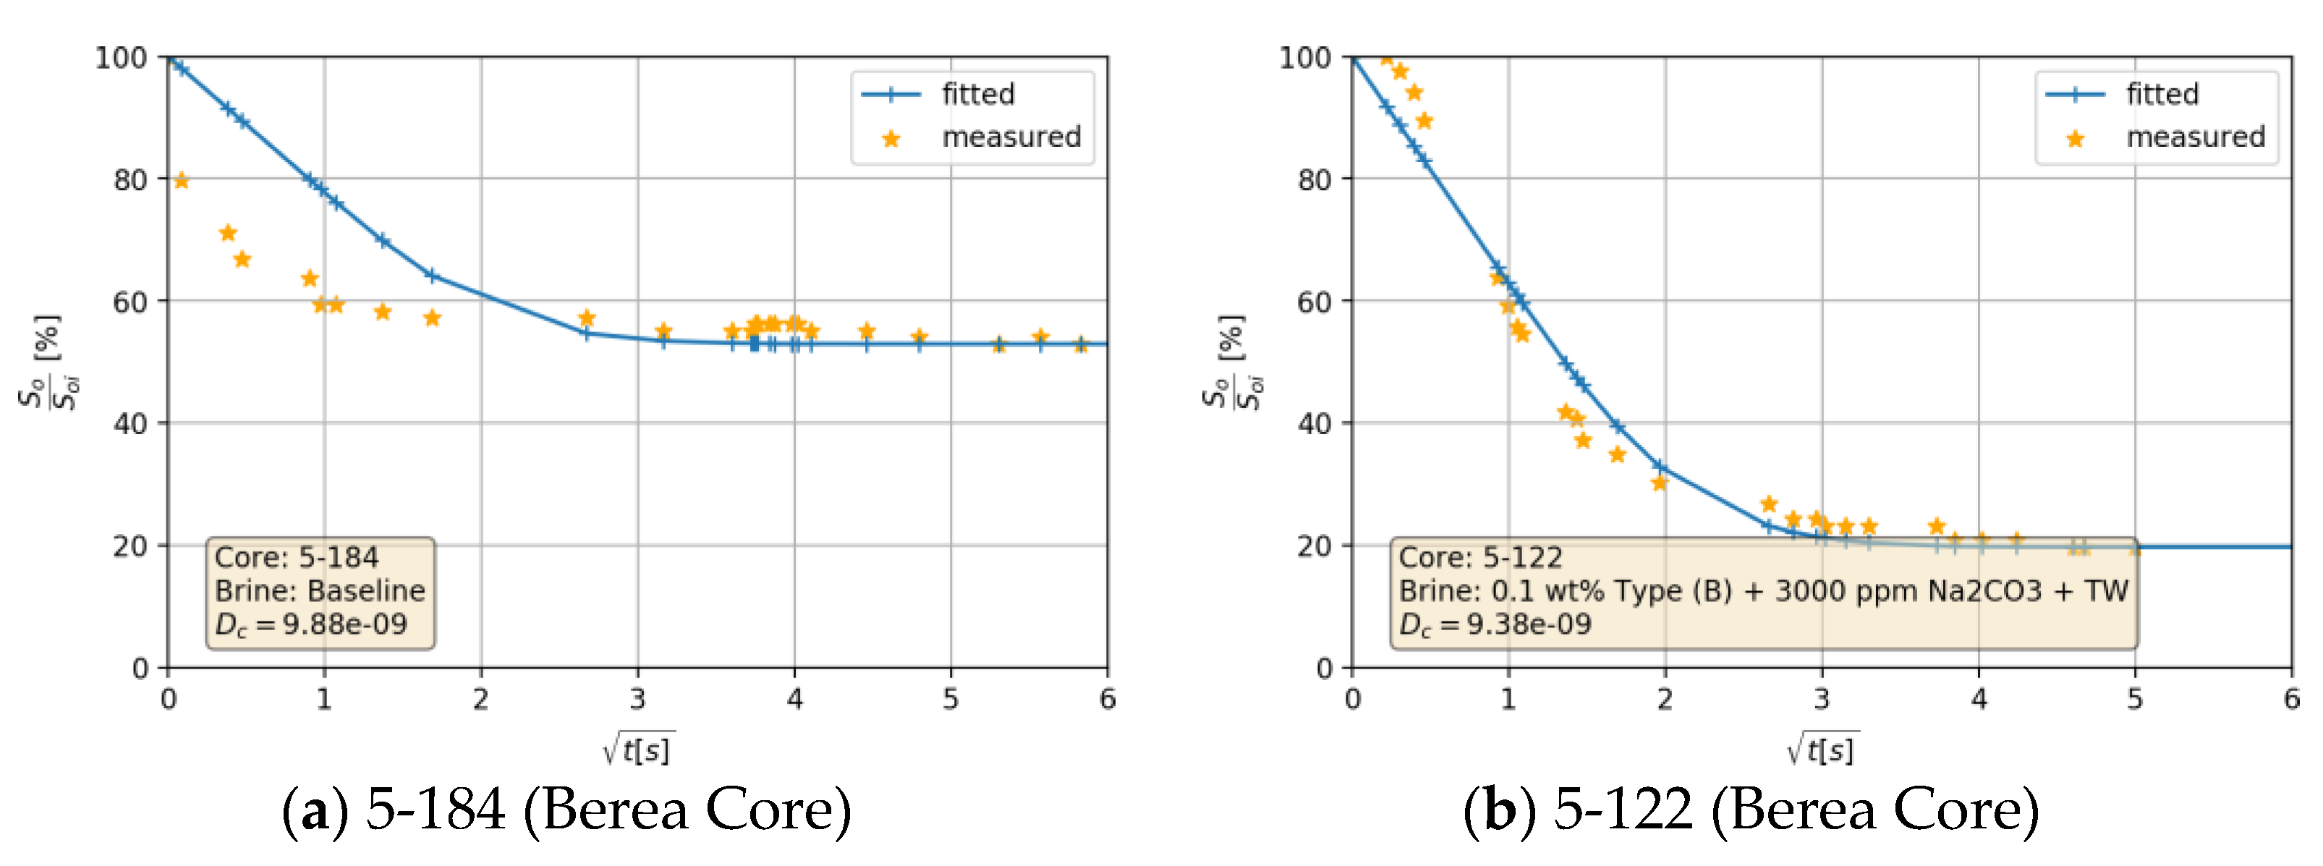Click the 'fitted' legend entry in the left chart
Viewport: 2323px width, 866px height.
tap(977, 94)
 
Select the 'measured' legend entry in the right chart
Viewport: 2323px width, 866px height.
tap(2195, 137)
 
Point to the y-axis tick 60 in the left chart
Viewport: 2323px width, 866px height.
tap(129, 301)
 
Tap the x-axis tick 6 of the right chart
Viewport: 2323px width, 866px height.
tap(2291, 699)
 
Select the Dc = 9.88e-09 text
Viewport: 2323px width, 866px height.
tap(310, 624)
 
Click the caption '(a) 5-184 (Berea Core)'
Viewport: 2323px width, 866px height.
tap(566, 809)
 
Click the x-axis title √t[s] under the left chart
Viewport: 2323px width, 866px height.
tap(639, 749)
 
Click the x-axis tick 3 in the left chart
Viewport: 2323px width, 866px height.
tap(637, 699)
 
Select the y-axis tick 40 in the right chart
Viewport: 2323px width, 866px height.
tap(1314, 423)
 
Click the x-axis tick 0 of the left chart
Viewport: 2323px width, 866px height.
tap(168, 699)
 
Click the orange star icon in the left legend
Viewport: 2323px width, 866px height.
tap(891, 138)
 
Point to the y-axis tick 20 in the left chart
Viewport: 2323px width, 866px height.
tap(129, 546)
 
